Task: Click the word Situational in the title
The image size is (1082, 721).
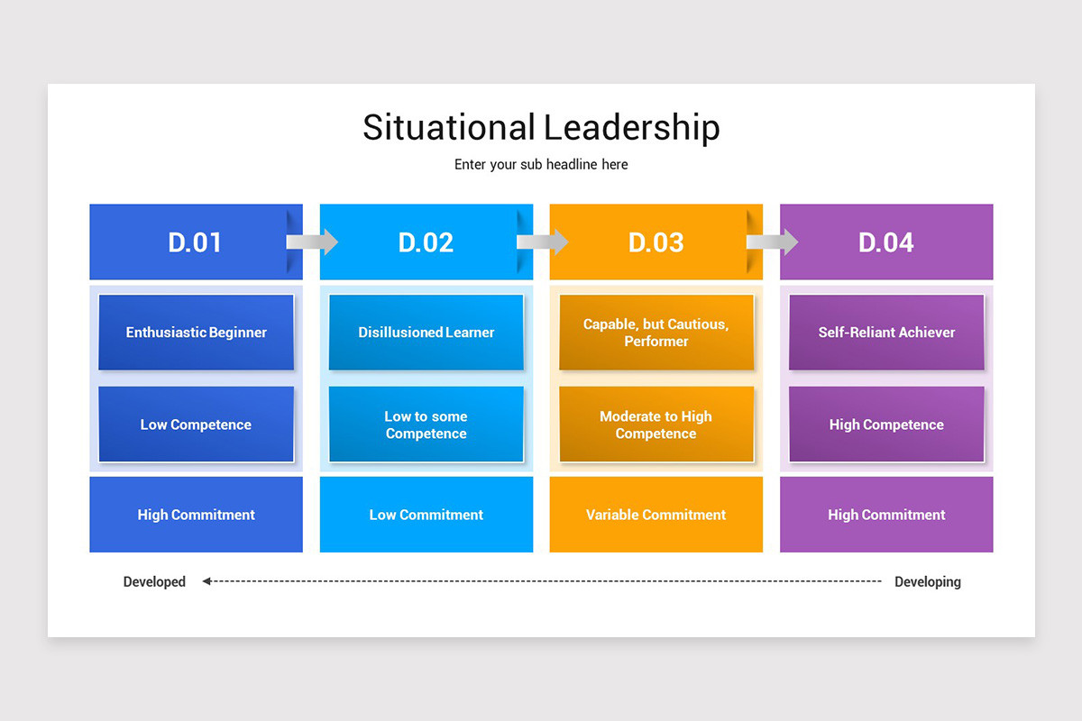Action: [448, 127]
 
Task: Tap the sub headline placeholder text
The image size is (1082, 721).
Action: [541, 164]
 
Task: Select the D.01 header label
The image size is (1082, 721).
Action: [195, 242]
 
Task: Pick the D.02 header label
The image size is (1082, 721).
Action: [426, 242]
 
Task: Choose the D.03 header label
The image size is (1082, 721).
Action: [656, 242]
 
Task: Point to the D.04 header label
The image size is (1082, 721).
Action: [885, 242]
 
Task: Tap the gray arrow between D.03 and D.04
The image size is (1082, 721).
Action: [773, 242]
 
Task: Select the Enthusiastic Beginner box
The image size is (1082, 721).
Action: [196, 332]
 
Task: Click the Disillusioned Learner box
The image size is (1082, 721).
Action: [426, 332]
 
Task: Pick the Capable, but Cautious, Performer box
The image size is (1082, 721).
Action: [656, 332]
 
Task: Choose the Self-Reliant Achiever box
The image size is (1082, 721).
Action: [886, 332]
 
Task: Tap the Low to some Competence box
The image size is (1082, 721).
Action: [426, 424]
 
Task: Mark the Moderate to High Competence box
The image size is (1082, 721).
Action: [656, 424]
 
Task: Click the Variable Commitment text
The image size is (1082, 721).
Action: [656, 515]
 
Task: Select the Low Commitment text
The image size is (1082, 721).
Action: [426, 515]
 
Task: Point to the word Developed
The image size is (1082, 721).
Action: [154, 581]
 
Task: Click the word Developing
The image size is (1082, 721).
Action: [927, 581]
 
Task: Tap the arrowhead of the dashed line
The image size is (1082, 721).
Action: [206, 581]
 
